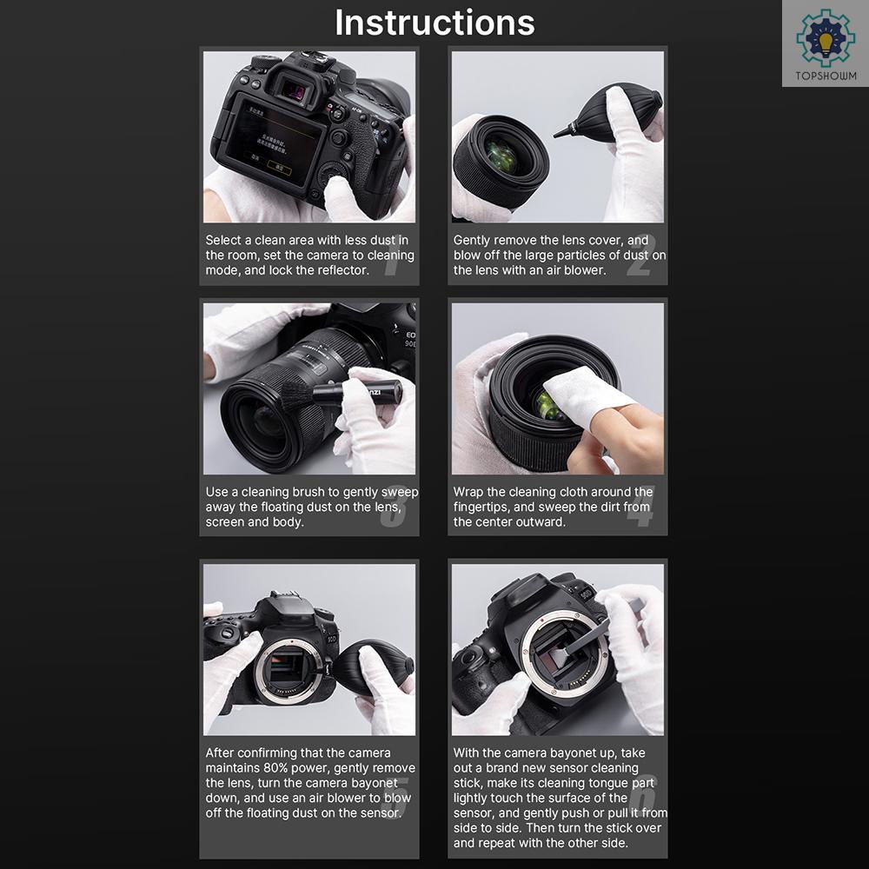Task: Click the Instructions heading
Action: point(434,23)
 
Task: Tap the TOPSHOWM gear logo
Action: point(826,38)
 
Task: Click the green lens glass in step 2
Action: point(501,156)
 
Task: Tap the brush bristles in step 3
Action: point(296,395)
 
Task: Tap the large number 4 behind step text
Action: point(640,506)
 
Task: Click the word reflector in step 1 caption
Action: point(343,270)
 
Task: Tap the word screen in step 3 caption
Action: point(224,522)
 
